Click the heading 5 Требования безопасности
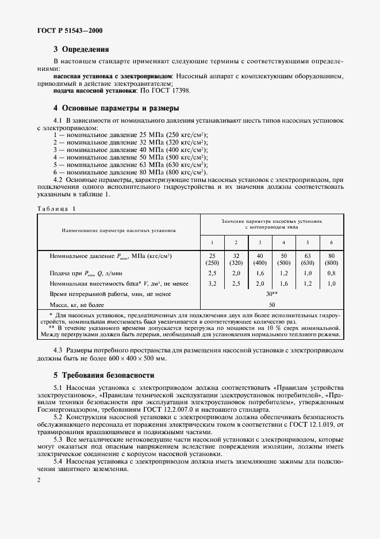click(x=101, y=375)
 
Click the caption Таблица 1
click(x=56, y=208)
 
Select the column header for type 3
click(x=260, y=242)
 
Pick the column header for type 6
click(x=331, y=242)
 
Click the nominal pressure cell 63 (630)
click(x=308, y=259)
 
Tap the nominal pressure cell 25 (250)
click(x=212, y=259)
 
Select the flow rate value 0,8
click(x=331, y=272)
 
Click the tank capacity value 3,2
click(x=212, y=283)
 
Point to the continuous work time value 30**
click(x=271, y=294)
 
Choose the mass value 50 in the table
click(x=271, y=304)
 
